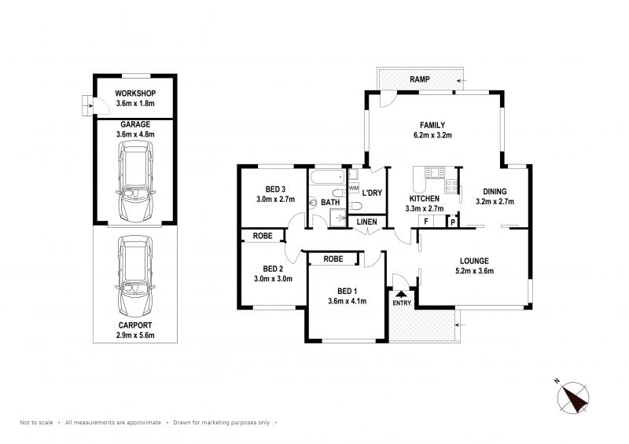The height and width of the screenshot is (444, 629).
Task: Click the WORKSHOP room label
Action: pos(135,93)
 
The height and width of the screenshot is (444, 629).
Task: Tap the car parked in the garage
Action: pos(135,182)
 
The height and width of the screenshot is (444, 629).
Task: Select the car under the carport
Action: pos(135,277)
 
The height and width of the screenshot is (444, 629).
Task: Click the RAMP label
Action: pos(420,79)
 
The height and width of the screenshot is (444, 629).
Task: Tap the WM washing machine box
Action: pos(353,188)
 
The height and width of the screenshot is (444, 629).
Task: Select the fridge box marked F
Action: pos(426,222)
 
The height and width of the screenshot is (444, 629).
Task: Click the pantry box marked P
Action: pos(453,222)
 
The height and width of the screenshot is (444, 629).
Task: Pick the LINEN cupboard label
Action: pos(366,222)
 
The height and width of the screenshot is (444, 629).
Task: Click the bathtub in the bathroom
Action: pos(328,177)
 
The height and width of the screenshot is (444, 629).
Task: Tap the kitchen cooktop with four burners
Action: pos(451,185)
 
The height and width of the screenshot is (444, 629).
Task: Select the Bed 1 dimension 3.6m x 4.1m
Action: pos(347,301)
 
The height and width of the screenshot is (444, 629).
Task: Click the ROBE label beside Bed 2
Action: pos(263,236)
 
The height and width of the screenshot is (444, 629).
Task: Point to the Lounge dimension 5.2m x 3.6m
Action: pos(475,271)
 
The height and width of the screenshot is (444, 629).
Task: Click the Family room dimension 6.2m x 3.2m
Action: pos(432,135)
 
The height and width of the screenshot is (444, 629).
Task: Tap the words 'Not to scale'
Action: pos(36,422)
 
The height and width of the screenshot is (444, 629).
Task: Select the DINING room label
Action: pos(495,192)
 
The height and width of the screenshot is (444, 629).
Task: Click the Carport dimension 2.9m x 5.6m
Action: pos(135,336)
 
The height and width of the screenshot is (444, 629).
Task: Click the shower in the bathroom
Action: pos(338,218)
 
